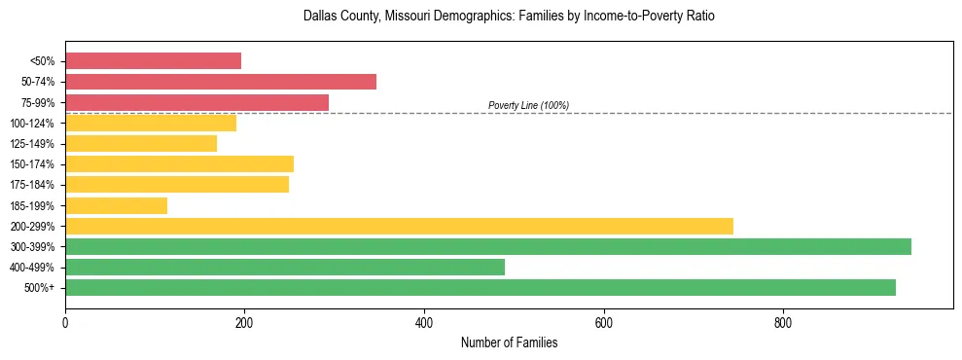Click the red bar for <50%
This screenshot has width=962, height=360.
[x=153, y=61]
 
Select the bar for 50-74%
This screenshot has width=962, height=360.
[x=221, y=82]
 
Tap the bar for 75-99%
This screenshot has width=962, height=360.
[x=196, y=102]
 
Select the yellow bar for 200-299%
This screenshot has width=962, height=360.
[x=399, y=226]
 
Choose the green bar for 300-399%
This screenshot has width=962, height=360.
[x=488, y=246]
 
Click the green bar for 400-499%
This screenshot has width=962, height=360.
[x=285, y=267]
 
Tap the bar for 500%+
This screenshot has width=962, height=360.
[x=481, y=287]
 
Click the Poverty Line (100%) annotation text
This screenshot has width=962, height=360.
[x=528, y=105]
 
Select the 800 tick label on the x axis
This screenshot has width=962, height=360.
[x=783, y=322]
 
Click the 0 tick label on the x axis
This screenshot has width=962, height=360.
[x=65, y=322]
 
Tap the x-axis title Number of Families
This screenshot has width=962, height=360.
[x=509, y=342]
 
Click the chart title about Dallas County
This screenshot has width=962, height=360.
[x=509, y=17]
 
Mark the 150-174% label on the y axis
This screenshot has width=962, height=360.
[x=32, y=164]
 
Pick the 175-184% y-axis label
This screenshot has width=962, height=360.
[x=32, y=185]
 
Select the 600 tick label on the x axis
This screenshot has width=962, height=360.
[x=604, y=322]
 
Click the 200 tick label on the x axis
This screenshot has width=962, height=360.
[x=244, y=322]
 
